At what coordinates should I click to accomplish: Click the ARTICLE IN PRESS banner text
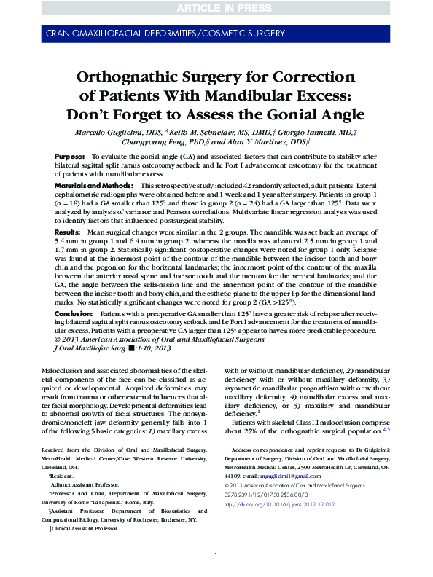point(216,7)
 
